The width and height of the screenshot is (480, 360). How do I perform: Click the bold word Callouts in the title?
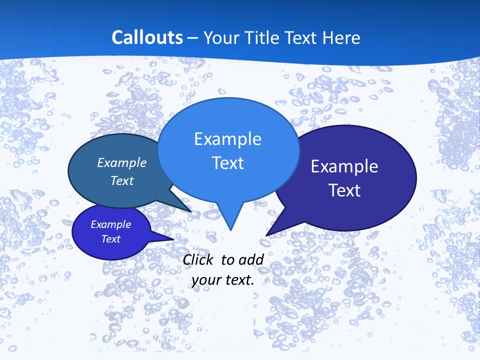pyautogui.click(x=147, y=37)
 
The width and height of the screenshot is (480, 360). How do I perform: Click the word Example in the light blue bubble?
pyautogui.click(x=227, y=139)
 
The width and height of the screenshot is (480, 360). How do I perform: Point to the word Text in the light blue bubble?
pyautogui.click(x=227, y=163)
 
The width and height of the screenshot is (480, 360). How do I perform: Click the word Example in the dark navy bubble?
pyautogui.click(x=344, y=166)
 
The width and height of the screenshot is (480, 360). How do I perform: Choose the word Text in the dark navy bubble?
pyautogui.click(x=344, y=190)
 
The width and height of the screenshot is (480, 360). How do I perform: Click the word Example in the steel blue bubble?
pyautogui.click(x=121, y=162)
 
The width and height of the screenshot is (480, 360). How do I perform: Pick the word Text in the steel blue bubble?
pyautogui.click(x=121, y=180)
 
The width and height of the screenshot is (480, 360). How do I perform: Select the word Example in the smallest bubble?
pyautogui.click(x=110, y=224)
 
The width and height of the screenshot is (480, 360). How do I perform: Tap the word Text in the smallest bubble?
pyautogui.click(x=110, y=239)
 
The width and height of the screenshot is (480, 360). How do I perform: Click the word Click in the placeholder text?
pyautogui.click(x=199, y=259)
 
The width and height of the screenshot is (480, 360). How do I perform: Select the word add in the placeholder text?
pyautogui.click(x=251, y=259)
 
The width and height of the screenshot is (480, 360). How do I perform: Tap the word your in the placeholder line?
pyautogui.click(x=206, y=280)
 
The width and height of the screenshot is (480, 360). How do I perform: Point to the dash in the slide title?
pyautogui.click(x=193, y=38)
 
